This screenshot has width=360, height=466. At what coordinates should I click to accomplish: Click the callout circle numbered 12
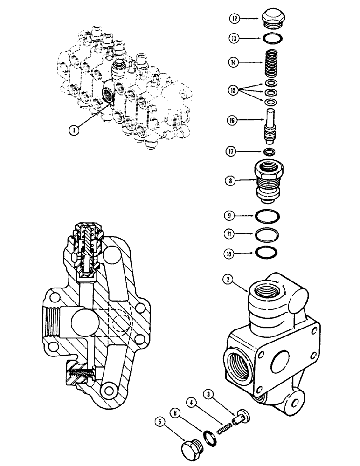point(234,19)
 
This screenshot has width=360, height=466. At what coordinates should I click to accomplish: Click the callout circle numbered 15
point(234,89)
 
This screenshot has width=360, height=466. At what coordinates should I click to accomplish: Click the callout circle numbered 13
point(234,38)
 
